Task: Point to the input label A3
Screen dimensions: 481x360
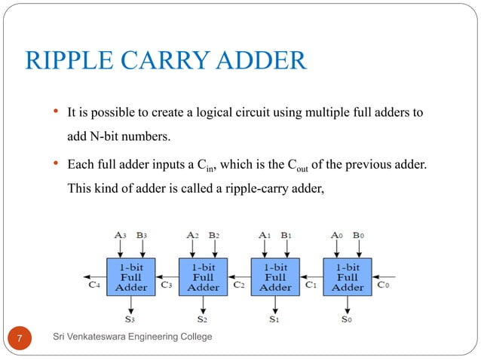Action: click(x=121, y=234)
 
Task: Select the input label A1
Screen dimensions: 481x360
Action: click(x=265, y=234)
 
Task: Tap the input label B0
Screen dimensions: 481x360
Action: click(x=359, y=234)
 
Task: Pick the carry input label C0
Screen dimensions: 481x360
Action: click(x=384, y=285)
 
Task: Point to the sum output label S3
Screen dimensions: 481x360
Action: click(x=130, y=319)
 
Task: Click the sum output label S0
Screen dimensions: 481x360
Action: click(x=346, y=319)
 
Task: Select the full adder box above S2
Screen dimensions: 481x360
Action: click(x=203, y=276)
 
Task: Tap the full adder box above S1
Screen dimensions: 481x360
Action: click(x=275, y=276)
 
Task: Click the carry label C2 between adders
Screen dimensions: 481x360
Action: click(x=239, y=285)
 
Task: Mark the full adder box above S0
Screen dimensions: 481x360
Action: click(x=348, y=276)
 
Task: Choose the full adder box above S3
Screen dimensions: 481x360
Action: click(x=130, y=276)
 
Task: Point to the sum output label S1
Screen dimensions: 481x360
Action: click(x=274, y=319)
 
